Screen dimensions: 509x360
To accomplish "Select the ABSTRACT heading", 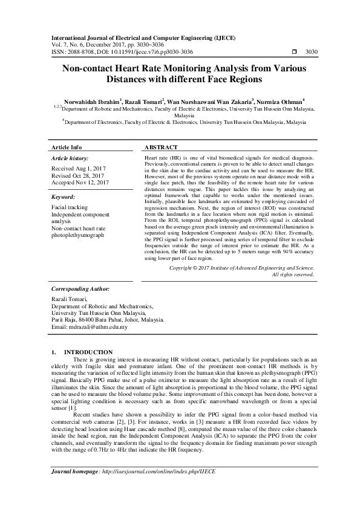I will coord(161,148).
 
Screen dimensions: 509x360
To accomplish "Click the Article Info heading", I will coord(67,148).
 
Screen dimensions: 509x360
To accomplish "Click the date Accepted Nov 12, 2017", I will coord(80,182).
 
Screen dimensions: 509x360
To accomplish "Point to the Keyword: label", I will coord(63,197).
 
